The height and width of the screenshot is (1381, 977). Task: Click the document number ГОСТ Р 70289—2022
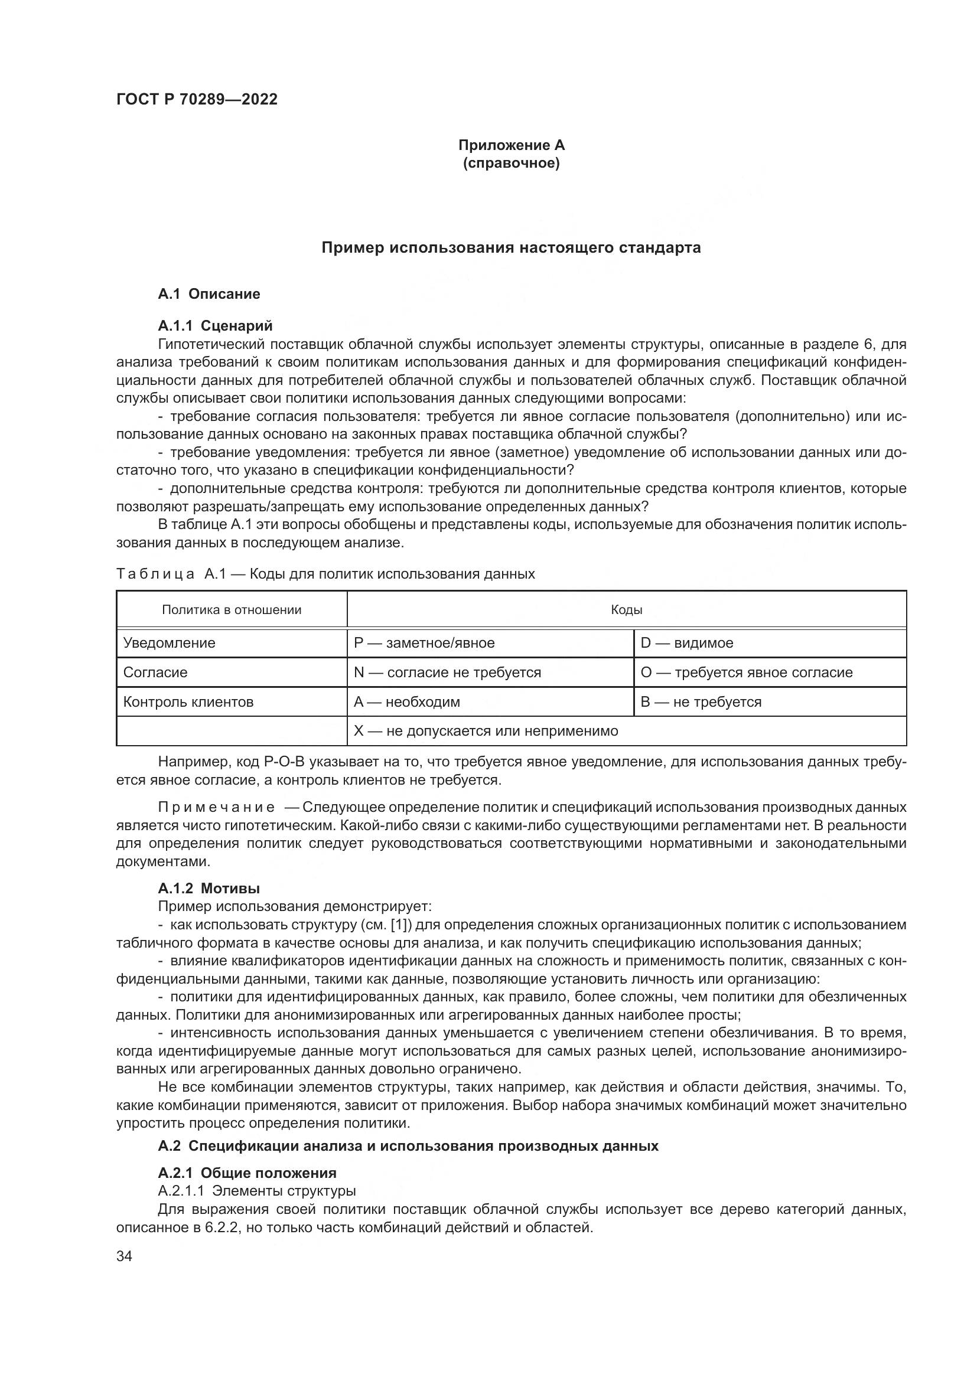[x=197, y=99]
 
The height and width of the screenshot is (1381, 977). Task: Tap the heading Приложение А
[x=512, y=145]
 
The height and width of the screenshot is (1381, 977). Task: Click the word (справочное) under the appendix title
[x=512, y=163]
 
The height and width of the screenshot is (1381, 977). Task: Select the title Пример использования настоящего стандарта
[x=512, y=248]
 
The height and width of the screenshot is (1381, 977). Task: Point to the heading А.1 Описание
[x=209, y=294]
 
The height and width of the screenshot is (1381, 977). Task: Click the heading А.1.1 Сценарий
[x=215, y=326]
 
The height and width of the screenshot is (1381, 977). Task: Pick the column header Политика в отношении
[x=232, y=610]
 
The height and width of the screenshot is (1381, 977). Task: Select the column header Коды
[x=626, y=610]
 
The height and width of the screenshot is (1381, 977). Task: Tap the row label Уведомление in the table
[x=169, y=643]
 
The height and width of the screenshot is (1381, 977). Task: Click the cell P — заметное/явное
[x=424, y=643]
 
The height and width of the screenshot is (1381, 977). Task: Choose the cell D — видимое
[x=686, y=643]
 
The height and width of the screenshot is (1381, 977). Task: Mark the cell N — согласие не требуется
[x=447, y=672]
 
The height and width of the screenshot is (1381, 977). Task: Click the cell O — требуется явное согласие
[x=746, y=672]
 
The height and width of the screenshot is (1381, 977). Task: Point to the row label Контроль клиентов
[x=188, y=702]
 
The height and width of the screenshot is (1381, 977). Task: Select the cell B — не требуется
[x=701, y=702]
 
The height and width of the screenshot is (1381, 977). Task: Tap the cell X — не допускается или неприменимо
[x=486, y=732]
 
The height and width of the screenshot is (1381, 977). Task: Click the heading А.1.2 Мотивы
[x=209, y=889]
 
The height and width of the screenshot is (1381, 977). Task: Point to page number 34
[x=124, y=1256]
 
